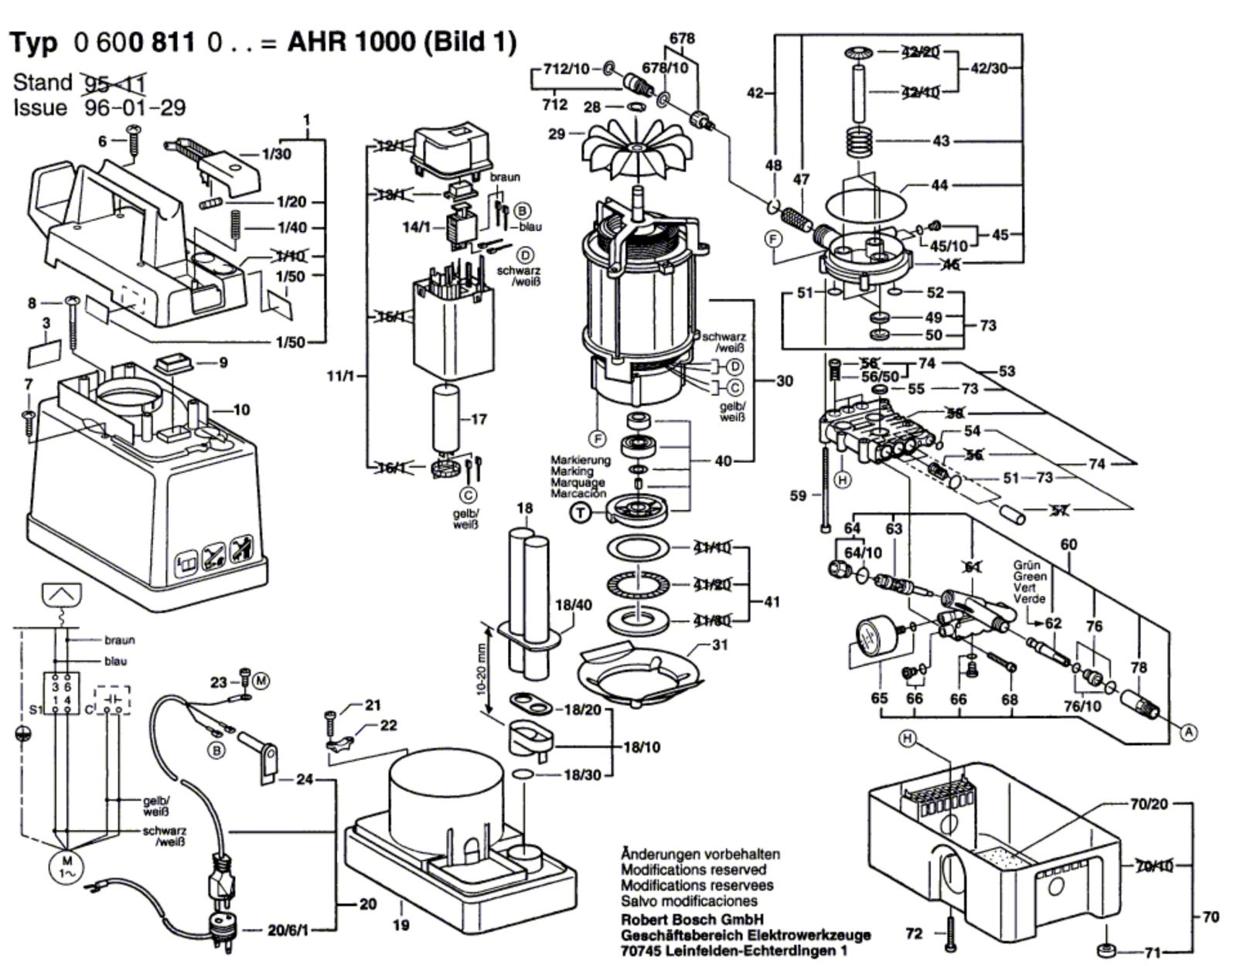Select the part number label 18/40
click(x=574, y=604)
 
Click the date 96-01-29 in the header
click(x=135, y=107)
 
